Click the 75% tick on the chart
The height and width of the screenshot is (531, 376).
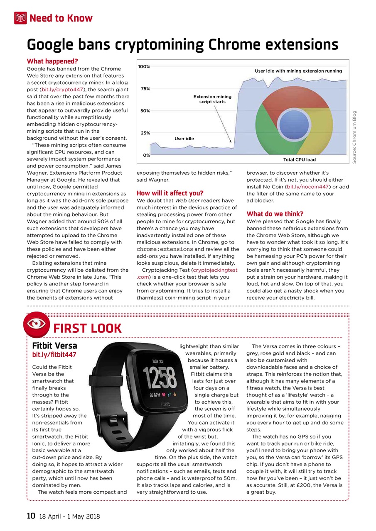pos(144,89)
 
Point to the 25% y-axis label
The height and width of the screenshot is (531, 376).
pos(144,133)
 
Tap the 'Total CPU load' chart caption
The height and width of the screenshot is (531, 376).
pos(299,160)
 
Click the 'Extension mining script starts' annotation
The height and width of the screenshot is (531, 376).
pos(212,99)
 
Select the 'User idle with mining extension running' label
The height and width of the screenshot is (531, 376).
pos(298,71)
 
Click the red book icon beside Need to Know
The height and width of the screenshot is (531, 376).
pos(20,18)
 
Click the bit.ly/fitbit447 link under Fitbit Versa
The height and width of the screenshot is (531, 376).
pos(54,355)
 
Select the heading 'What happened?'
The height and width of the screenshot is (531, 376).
pos(52,61)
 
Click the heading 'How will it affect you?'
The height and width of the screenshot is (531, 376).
pos(170,193)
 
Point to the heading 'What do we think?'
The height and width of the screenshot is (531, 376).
pos(275,214)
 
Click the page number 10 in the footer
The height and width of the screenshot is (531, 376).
pos(31,516)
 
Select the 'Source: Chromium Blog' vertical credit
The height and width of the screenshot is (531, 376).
pos(354,136)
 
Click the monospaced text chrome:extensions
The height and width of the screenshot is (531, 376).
pos(165,249)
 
